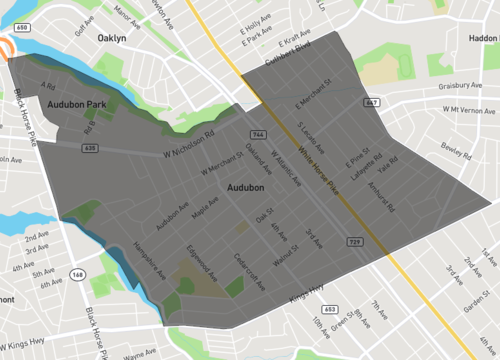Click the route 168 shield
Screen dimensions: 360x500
coord(76,273)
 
